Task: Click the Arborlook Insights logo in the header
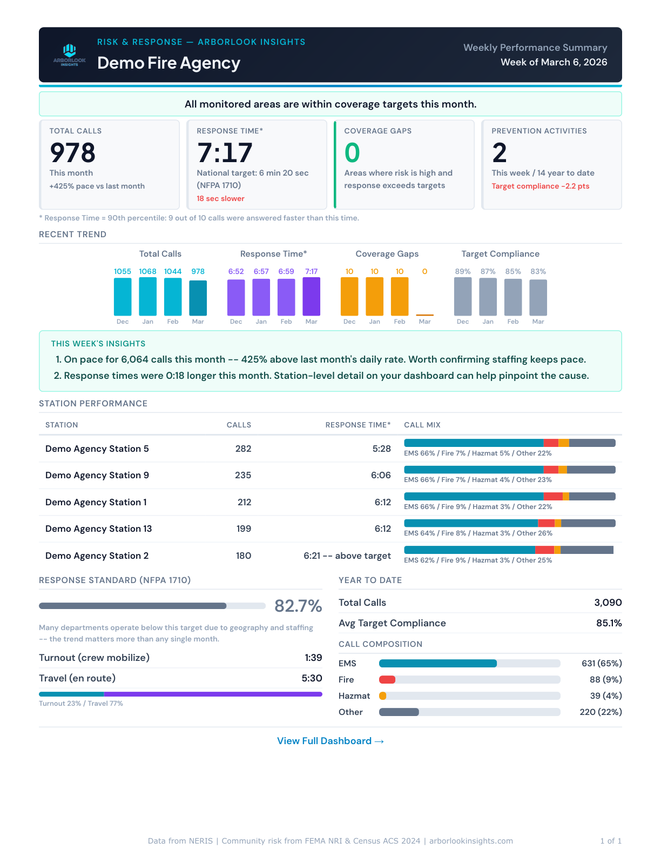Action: tap(70, 55)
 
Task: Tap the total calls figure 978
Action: tap(72, 152)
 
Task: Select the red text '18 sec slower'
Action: tap(220, 198)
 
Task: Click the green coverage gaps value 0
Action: tap(352, 152)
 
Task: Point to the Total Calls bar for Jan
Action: tap(147, 296)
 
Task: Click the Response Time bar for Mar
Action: tap(311, 296)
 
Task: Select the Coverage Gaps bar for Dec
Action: tap(349, 296)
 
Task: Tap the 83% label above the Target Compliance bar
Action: tap(538, 271)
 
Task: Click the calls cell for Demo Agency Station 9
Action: tap(243, 475)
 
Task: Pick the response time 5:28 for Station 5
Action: tap(381, 449)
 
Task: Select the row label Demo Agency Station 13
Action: tap(98, 529)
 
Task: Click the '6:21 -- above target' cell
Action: tap(347, 556)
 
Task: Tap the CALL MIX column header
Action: tap(422, 425)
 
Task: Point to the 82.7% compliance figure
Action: tap(298, 606)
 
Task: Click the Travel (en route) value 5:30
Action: tap(312, 678)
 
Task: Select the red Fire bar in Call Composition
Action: tap(387, 679)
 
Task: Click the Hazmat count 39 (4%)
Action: tap(605, 695)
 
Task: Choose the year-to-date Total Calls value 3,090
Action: tap(608, 603)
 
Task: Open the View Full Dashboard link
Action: tap(330, 741)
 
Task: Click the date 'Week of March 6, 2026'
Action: tap(554, 62)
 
